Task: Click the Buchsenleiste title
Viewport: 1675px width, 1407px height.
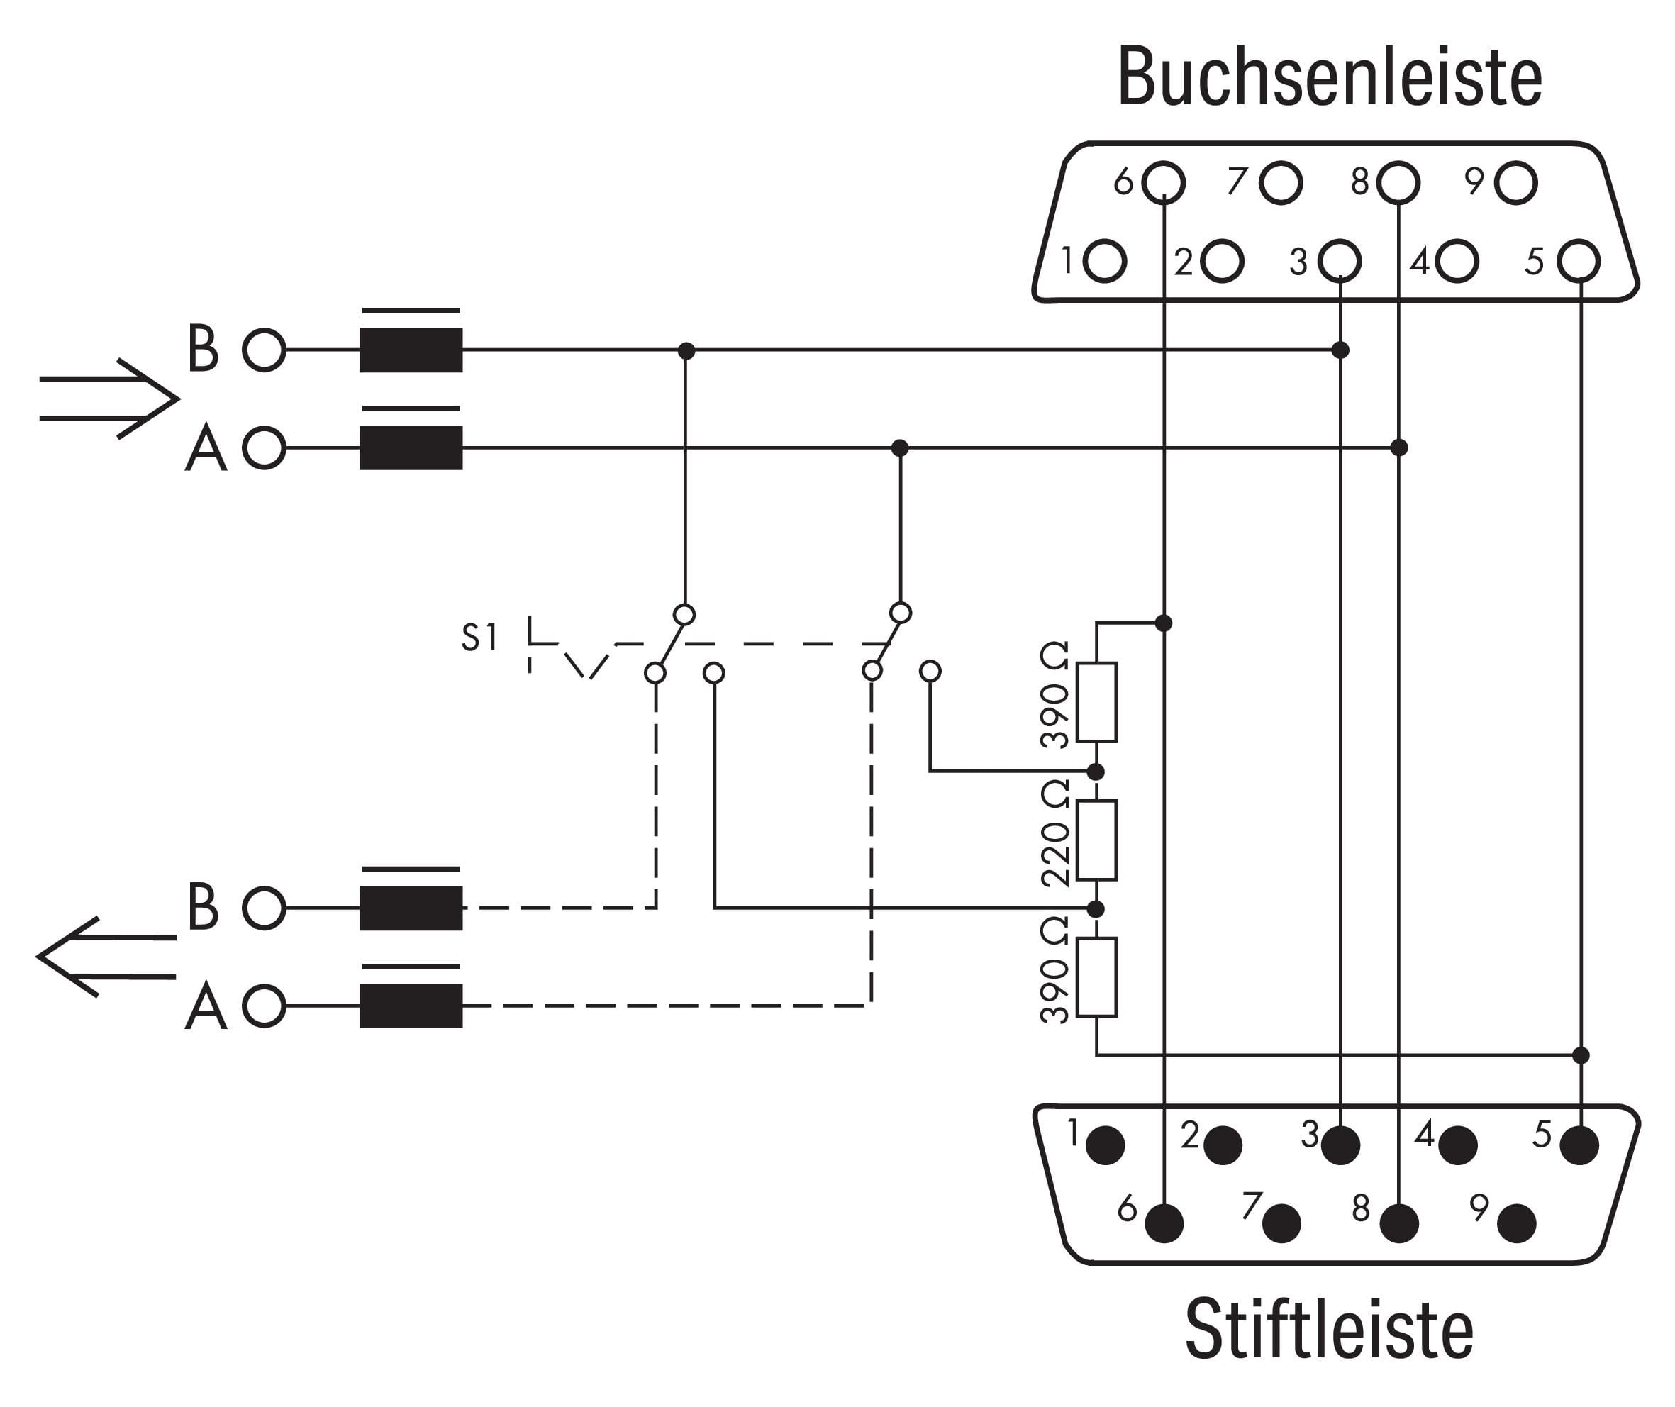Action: pyautogui.click(x=1330, y=77)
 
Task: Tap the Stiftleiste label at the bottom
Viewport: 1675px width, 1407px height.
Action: pyautogui.click(x=1329, y=1330)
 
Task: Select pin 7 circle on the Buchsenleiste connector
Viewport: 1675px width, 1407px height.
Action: pyautogui.click(x=1280, y=183)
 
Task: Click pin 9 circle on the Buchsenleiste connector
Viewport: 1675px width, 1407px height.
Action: pyautogui.click(x=1515, y=183)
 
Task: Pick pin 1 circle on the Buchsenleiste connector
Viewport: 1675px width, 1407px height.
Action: pyautogui.click(x=1105, y=261)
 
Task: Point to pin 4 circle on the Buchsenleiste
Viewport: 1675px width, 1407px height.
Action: pyautogui.click(x=1457, y=261)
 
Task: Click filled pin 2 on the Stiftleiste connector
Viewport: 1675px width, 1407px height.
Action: pyautogui.click(x=1222, y=1145)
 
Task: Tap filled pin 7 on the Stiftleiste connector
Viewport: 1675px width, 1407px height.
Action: pyautogui.click(x=1281, y=1223)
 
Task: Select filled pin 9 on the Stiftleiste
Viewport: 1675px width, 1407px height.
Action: pyautogui.click(x=1516, y=1223)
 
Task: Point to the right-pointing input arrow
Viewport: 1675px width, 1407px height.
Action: pyautogui.click(x=108, y=399)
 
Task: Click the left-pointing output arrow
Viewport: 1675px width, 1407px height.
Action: pyautogui.click(x=107, y=957)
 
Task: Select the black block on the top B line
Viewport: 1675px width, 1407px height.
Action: pyautogui.click(x=411, y=350)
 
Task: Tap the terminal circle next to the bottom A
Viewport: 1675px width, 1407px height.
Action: pyautogui.click(x=264, y=1006)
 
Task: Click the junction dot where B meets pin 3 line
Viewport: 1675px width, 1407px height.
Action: pyautogui.click(x=1340, y=350)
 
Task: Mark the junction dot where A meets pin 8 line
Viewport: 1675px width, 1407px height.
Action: pyautogui.click(x=1398, y=447)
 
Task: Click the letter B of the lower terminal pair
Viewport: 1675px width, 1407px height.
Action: pyautogui.click(x=203, y=907)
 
